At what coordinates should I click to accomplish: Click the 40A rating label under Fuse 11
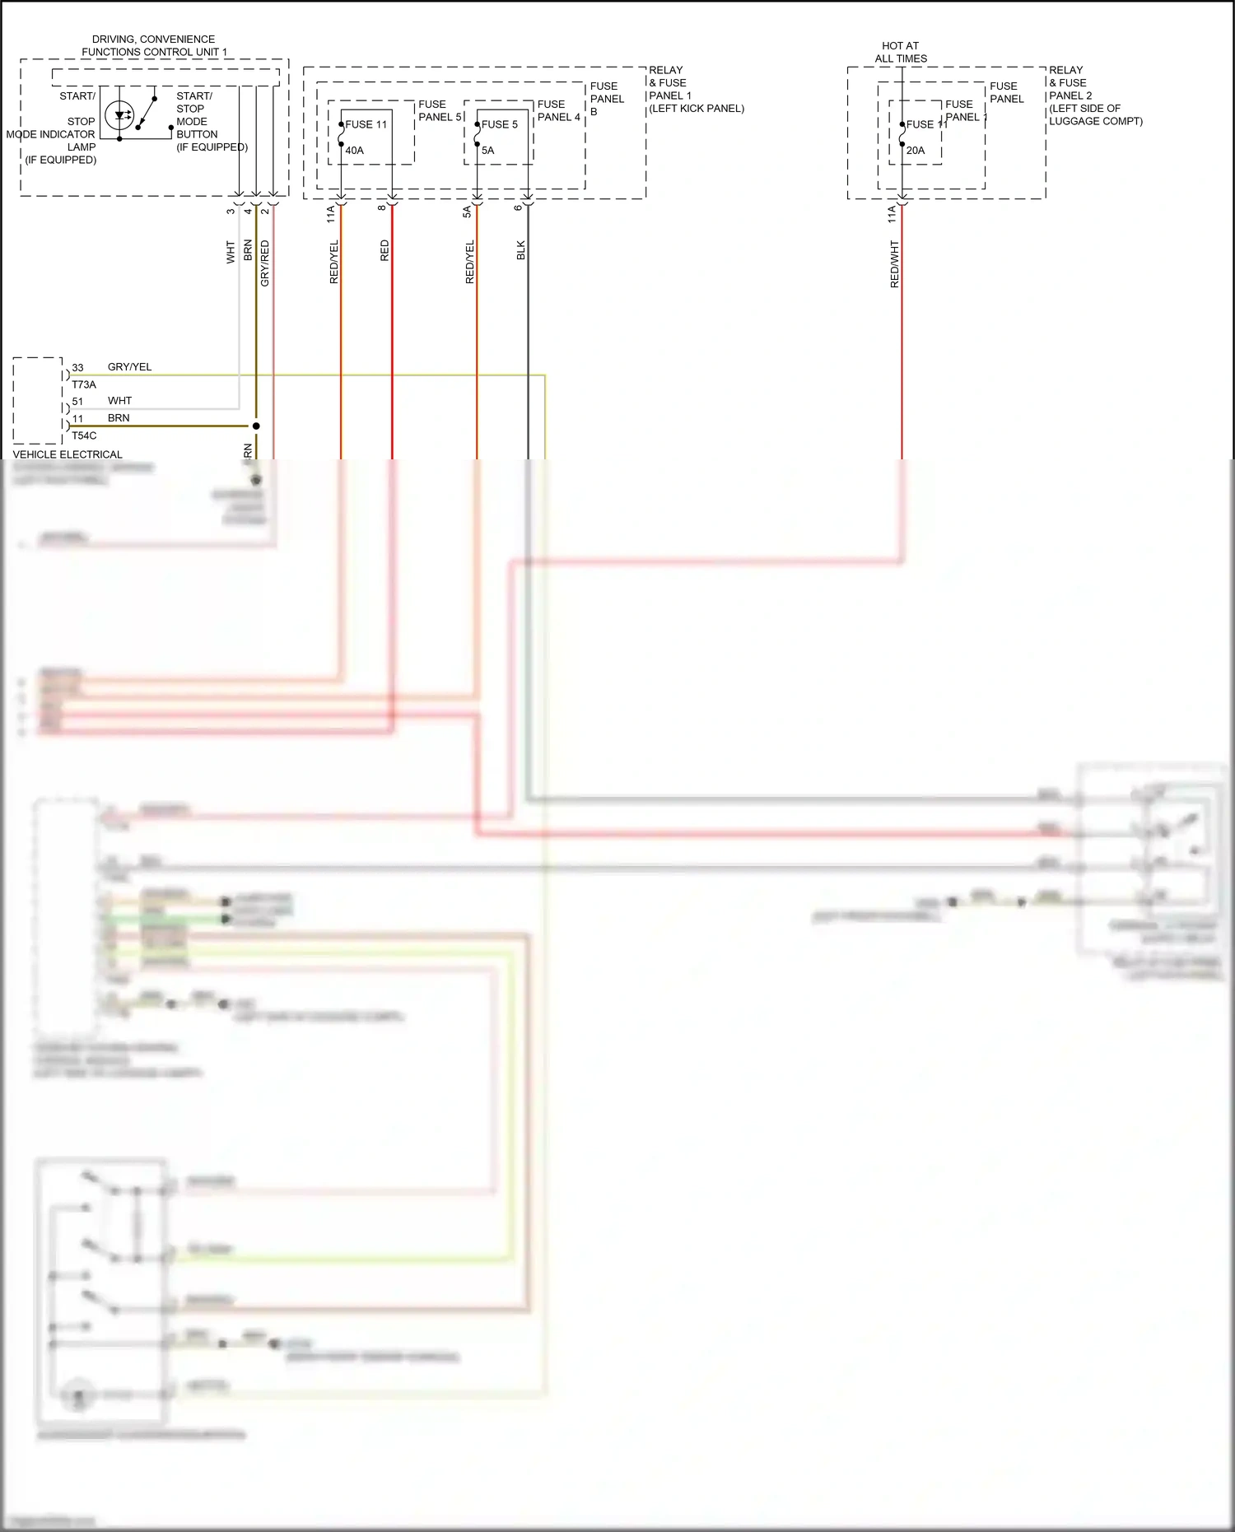[354, 151]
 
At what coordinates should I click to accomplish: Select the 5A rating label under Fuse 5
[487, 151]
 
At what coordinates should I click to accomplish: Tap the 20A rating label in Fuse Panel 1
[915, 151]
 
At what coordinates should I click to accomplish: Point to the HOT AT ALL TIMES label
[901, 52]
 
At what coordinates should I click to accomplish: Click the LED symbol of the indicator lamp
[122, 116]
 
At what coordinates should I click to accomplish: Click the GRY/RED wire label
[265, 263]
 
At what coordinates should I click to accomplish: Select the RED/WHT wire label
[895, 264]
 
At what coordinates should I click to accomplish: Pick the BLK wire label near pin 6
[521, 250]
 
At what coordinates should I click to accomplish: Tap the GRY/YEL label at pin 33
[129, 367]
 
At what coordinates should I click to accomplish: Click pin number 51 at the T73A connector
[77, 402]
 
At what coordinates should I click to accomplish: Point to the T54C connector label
[84, 435]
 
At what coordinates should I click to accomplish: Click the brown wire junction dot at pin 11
[256, 426]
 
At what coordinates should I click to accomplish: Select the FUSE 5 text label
[499, 124]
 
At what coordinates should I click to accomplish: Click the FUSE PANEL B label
[607, 99]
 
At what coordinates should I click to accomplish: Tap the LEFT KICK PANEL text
[697, 109]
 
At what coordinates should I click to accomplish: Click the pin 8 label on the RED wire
[382, 207]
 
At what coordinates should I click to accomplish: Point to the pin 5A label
[467, 212]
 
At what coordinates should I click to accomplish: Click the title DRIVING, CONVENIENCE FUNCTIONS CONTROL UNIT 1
[154, 45]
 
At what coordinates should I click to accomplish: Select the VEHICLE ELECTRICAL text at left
[68, 454]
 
